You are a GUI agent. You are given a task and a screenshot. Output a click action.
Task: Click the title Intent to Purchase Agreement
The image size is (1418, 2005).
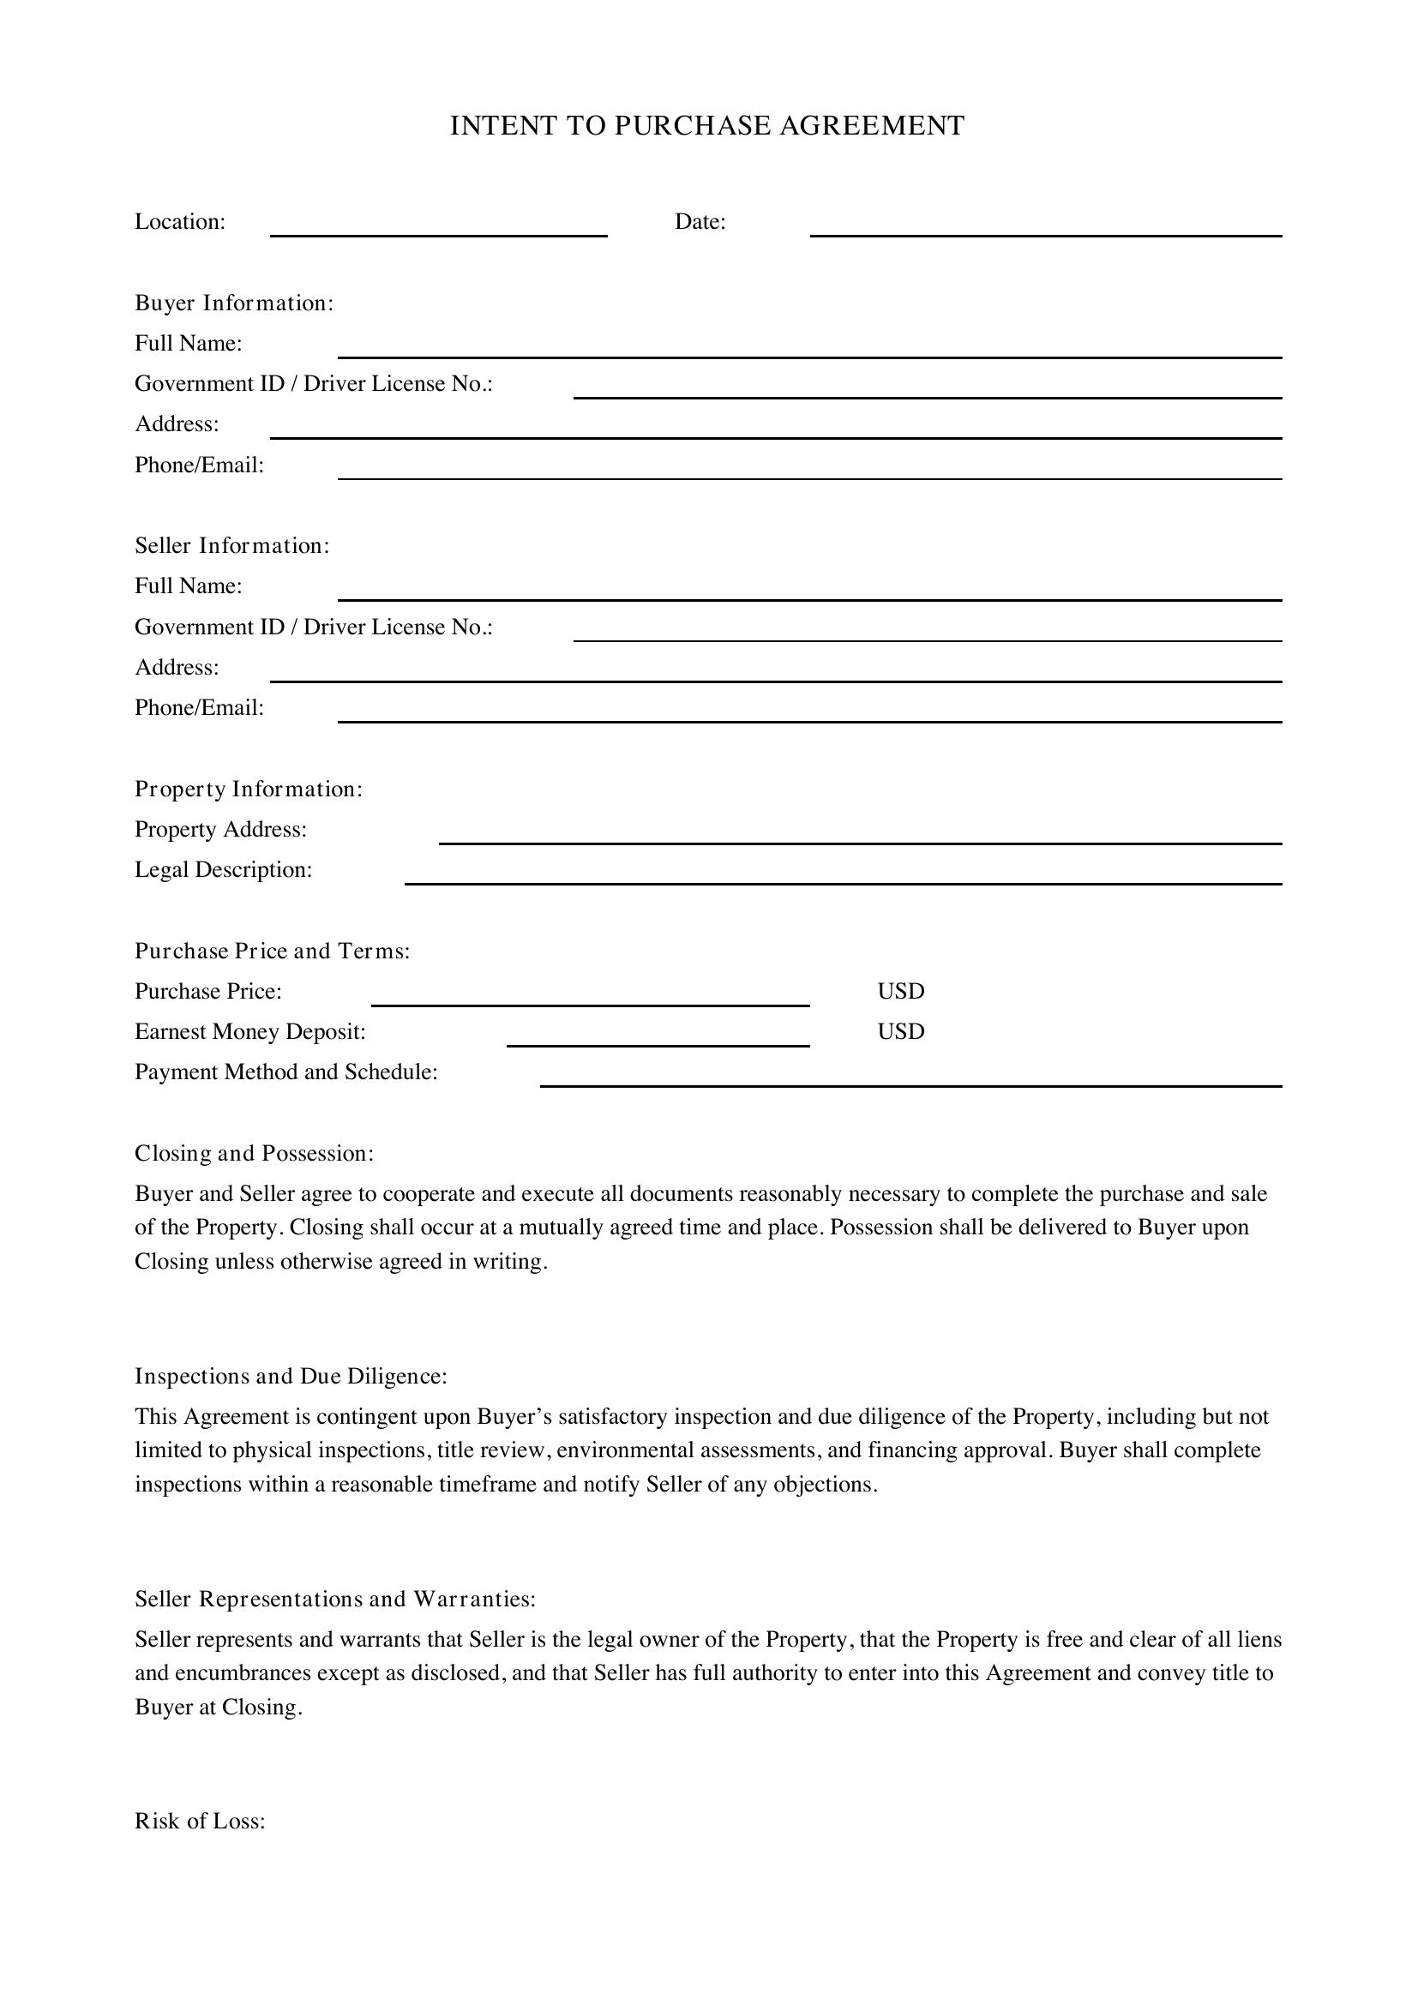click(706, 126)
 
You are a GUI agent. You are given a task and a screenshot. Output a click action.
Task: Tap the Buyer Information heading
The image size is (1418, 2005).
click(234, 303)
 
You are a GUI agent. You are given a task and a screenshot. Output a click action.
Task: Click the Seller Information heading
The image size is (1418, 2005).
click(232, 546)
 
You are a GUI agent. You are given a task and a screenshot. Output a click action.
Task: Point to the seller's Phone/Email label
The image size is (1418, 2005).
click(199, 708)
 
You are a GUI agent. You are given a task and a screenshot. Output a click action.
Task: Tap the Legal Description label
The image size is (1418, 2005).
click(223, 870)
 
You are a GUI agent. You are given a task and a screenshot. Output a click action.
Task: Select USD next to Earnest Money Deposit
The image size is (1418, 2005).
click(900, 1031)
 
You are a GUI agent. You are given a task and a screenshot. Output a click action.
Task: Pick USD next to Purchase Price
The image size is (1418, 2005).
click(900, 991)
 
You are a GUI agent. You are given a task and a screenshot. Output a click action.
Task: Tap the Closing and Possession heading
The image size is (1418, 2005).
click(254, 1154)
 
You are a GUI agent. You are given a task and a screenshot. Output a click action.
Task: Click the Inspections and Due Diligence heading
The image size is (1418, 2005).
click(291, 1377)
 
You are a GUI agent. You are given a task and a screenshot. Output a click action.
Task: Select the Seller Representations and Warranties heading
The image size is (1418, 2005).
click(335, 1599)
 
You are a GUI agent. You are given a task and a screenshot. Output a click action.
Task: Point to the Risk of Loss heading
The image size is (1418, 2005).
click(200, 1822)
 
